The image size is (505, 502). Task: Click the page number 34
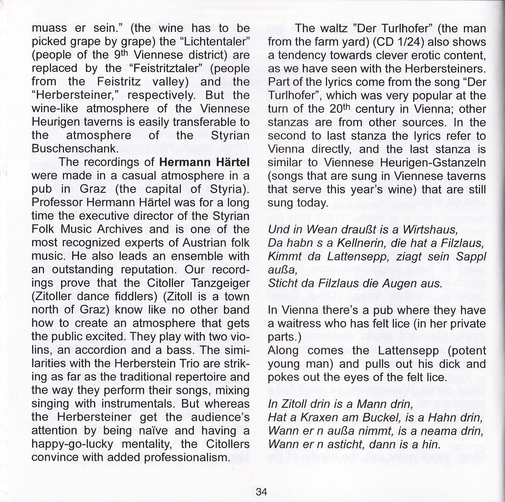[261, 491]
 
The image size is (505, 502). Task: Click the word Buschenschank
[74, 148]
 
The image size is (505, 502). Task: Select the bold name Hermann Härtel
[204, 162]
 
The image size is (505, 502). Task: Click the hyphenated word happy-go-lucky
[72, 444]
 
